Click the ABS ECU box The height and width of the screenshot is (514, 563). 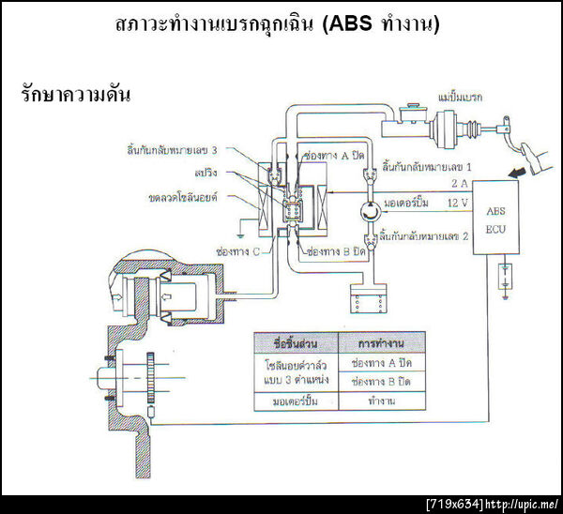tap(495, 219)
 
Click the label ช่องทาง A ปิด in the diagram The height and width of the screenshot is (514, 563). tap(329, 155)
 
